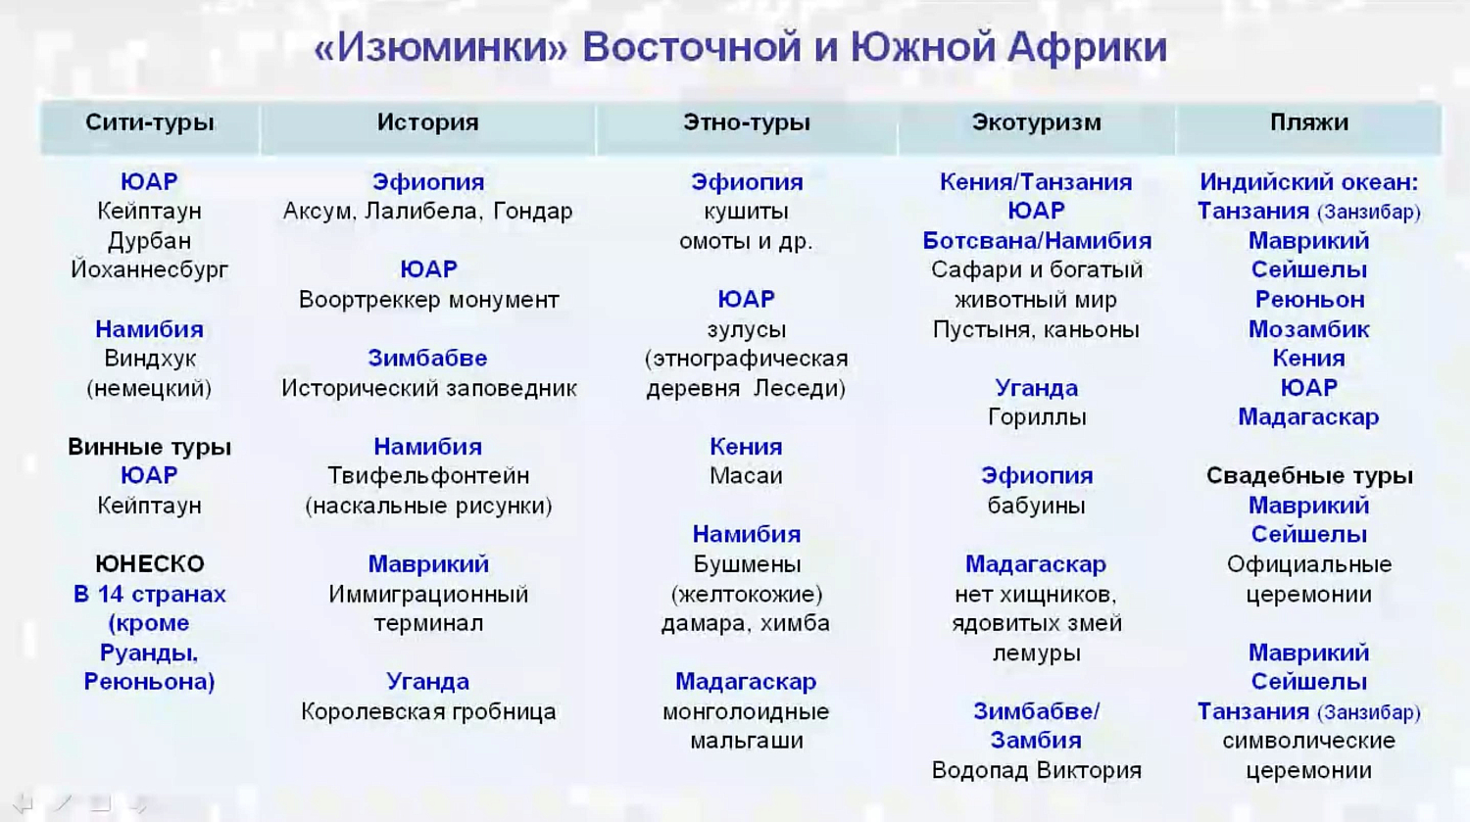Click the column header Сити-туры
tap(149, 122)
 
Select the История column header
tap(427, 122)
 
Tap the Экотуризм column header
tap(1036, 122)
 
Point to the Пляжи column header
tap(1308, 122)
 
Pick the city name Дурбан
tap(149, 241)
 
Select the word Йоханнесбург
tap(149, 269)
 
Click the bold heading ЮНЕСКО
tap(149, 564)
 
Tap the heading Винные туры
tap(149, 447)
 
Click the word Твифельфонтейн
tap(427, 476)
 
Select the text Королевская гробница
tap(427, 711)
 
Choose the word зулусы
tap(746, 329)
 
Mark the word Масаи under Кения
tap(746, 476)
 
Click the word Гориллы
tap(1036, 417)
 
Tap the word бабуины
tap(1036, 506)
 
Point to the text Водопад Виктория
tap(1036, 770)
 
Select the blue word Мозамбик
tap(1308, 329)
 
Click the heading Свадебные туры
tap(1308, 476)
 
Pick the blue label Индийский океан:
tap(1308, 182)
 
